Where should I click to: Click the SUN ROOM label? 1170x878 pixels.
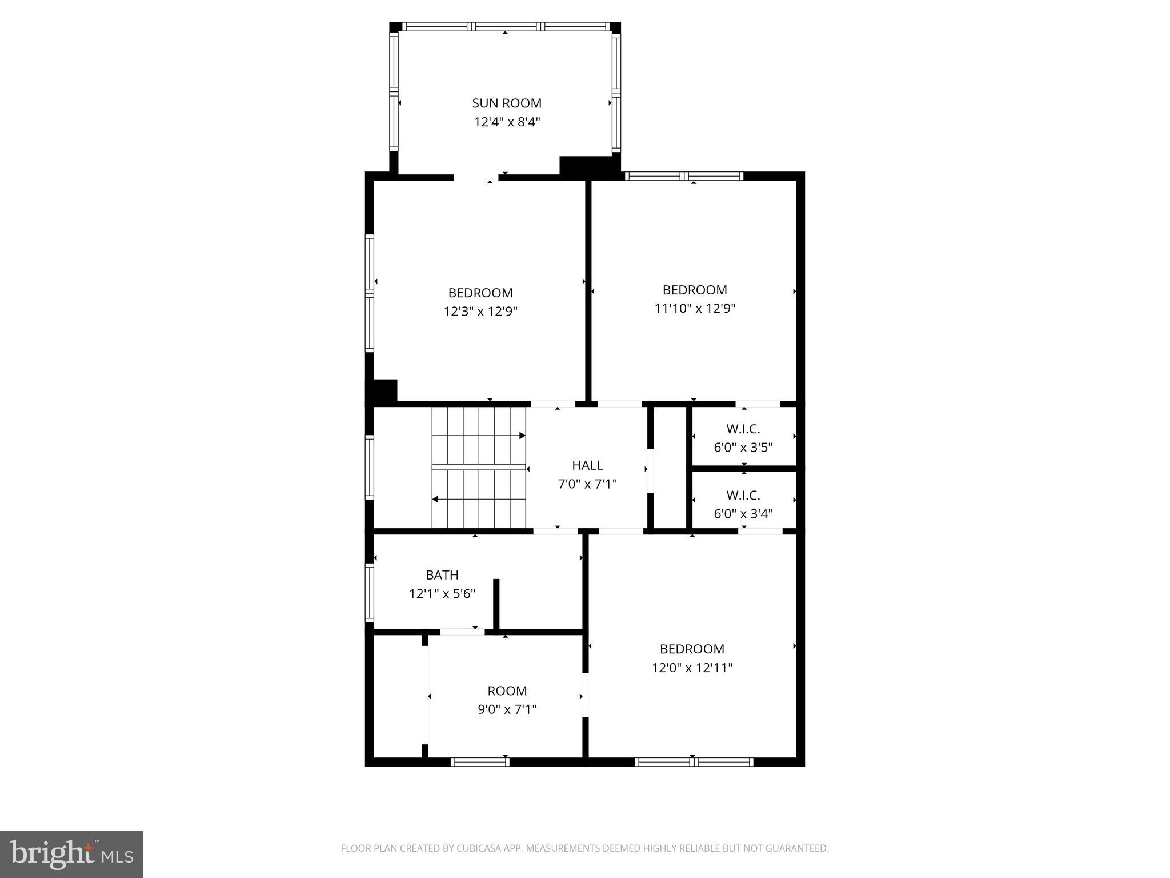click(x=507, y=103)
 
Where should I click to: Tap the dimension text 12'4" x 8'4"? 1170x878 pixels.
click(x=507, y=122)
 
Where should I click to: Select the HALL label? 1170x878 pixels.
click(x=587, y=465)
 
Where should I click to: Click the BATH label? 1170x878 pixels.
click(x=442, y=575)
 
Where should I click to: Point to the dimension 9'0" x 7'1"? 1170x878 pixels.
click(x=507, y=709)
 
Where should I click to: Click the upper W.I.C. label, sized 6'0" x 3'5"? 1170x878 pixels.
click(x=743, y=429)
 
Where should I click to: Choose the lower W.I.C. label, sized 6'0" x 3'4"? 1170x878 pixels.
click(x=743, y=496)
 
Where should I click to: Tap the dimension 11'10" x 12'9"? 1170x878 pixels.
click(x=695, y=309)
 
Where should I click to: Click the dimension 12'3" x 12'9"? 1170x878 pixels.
click(x=480, y=312)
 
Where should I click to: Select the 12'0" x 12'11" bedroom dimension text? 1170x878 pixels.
click(x=692, y=668)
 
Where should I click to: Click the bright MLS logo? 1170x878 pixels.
click(x=71, y=855)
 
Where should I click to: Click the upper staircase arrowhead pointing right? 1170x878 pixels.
click(x=522, y=436)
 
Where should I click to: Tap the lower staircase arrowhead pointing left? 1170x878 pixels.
click(x=435, y=500)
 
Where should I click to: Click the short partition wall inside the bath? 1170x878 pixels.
click(x=496, y=605)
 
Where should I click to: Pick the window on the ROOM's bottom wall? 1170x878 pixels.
click(x=480, y=761)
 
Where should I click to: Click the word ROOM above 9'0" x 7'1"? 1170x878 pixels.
click(x=507, y=691)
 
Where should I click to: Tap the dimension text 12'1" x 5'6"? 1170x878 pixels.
click(x=442, y=594)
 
